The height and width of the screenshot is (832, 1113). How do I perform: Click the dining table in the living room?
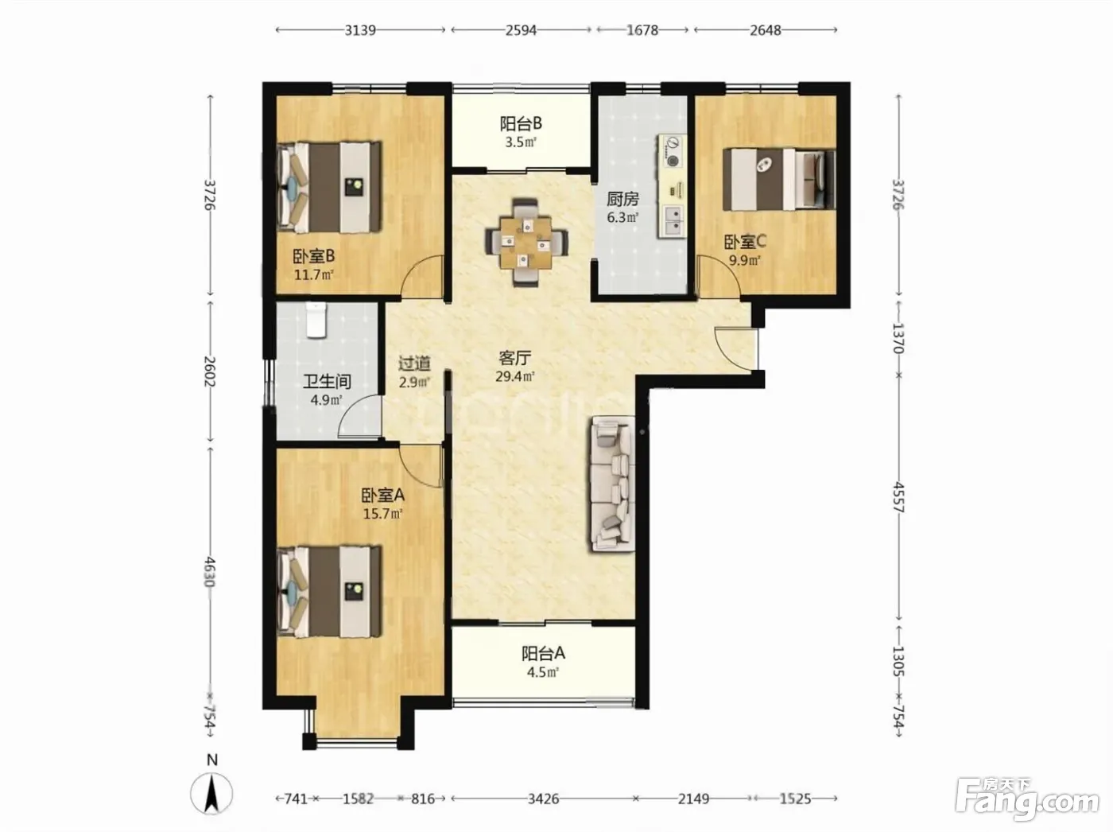(525, 243)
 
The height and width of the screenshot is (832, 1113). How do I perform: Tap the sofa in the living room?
(612, 484)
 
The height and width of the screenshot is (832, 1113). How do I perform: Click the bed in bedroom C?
(779, 179)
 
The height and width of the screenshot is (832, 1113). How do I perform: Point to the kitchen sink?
(673, 222)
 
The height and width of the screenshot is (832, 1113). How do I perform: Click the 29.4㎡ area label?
(515, 376)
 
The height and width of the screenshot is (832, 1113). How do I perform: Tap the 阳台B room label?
(521, 123)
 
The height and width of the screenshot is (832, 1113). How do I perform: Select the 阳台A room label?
(543, 653)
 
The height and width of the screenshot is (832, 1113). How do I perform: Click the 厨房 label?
(622, 199)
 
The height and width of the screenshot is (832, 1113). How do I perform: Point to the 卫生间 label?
(327, 381)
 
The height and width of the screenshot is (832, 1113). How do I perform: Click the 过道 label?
(414, 364)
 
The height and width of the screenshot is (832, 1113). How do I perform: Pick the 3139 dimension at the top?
(360, 30)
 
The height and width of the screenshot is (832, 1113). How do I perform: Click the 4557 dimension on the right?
(898, 497)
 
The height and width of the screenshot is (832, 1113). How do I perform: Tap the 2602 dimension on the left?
(210, 371)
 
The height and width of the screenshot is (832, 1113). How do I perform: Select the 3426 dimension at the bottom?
(543, 799)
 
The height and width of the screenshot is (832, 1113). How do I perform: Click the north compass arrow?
(211, 795)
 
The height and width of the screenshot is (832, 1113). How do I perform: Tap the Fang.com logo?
(1026, 800)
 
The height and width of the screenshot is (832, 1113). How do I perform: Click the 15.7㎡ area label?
(383, 514)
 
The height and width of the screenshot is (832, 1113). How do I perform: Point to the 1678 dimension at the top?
(642, 30)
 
